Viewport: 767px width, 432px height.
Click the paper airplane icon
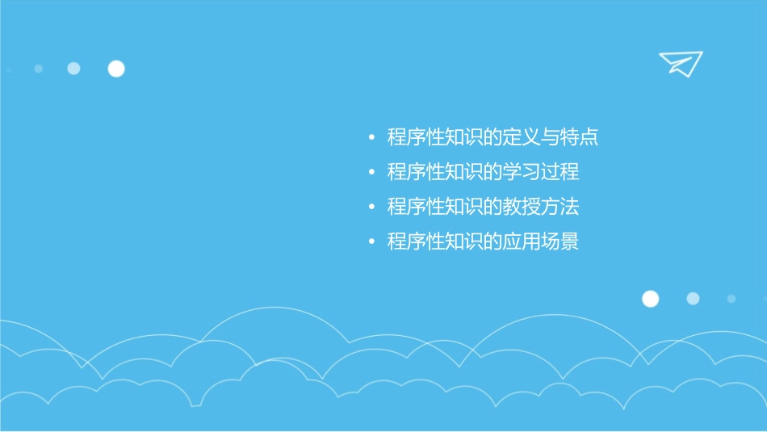pos(681,63)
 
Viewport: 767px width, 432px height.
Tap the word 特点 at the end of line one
pos(579,137)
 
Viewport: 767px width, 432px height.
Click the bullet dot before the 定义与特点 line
pos(371,138)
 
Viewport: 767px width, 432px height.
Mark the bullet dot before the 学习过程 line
pos(371,173)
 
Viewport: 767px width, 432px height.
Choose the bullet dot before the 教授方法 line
pos(371,208)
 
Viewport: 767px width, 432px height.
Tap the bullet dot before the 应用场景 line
pos(371,242)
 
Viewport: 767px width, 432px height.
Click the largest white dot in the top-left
pos(116,69)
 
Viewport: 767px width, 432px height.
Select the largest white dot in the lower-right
pos(650,299)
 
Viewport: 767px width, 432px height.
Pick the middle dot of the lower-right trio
pos(693,299)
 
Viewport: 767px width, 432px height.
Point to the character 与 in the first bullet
pos(551,137)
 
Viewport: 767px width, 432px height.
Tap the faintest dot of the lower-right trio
pos(731,299)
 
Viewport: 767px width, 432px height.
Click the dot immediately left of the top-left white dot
pos(73,69)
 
